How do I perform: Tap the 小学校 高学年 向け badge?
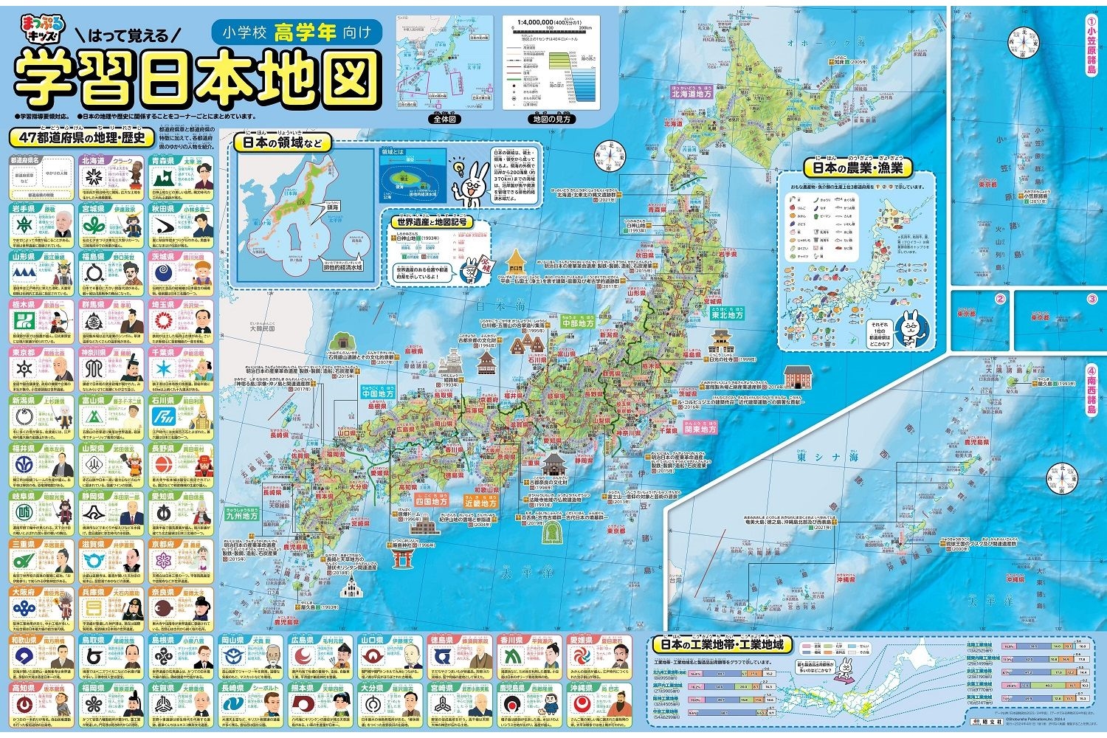[298, 32]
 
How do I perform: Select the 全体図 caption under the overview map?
[446, 119]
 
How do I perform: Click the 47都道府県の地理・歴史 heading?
[82, 137]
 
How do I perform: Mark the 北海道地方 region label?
[691, 94]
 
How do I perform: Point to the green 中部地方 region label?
[577, 323]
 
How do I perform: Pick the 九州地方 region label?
[242, 516]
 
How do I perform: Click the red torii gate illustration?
[401, 558]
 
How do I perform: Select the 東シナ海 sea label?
[827, 458]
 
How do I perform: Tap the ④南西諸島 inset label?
[1090, 394]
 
